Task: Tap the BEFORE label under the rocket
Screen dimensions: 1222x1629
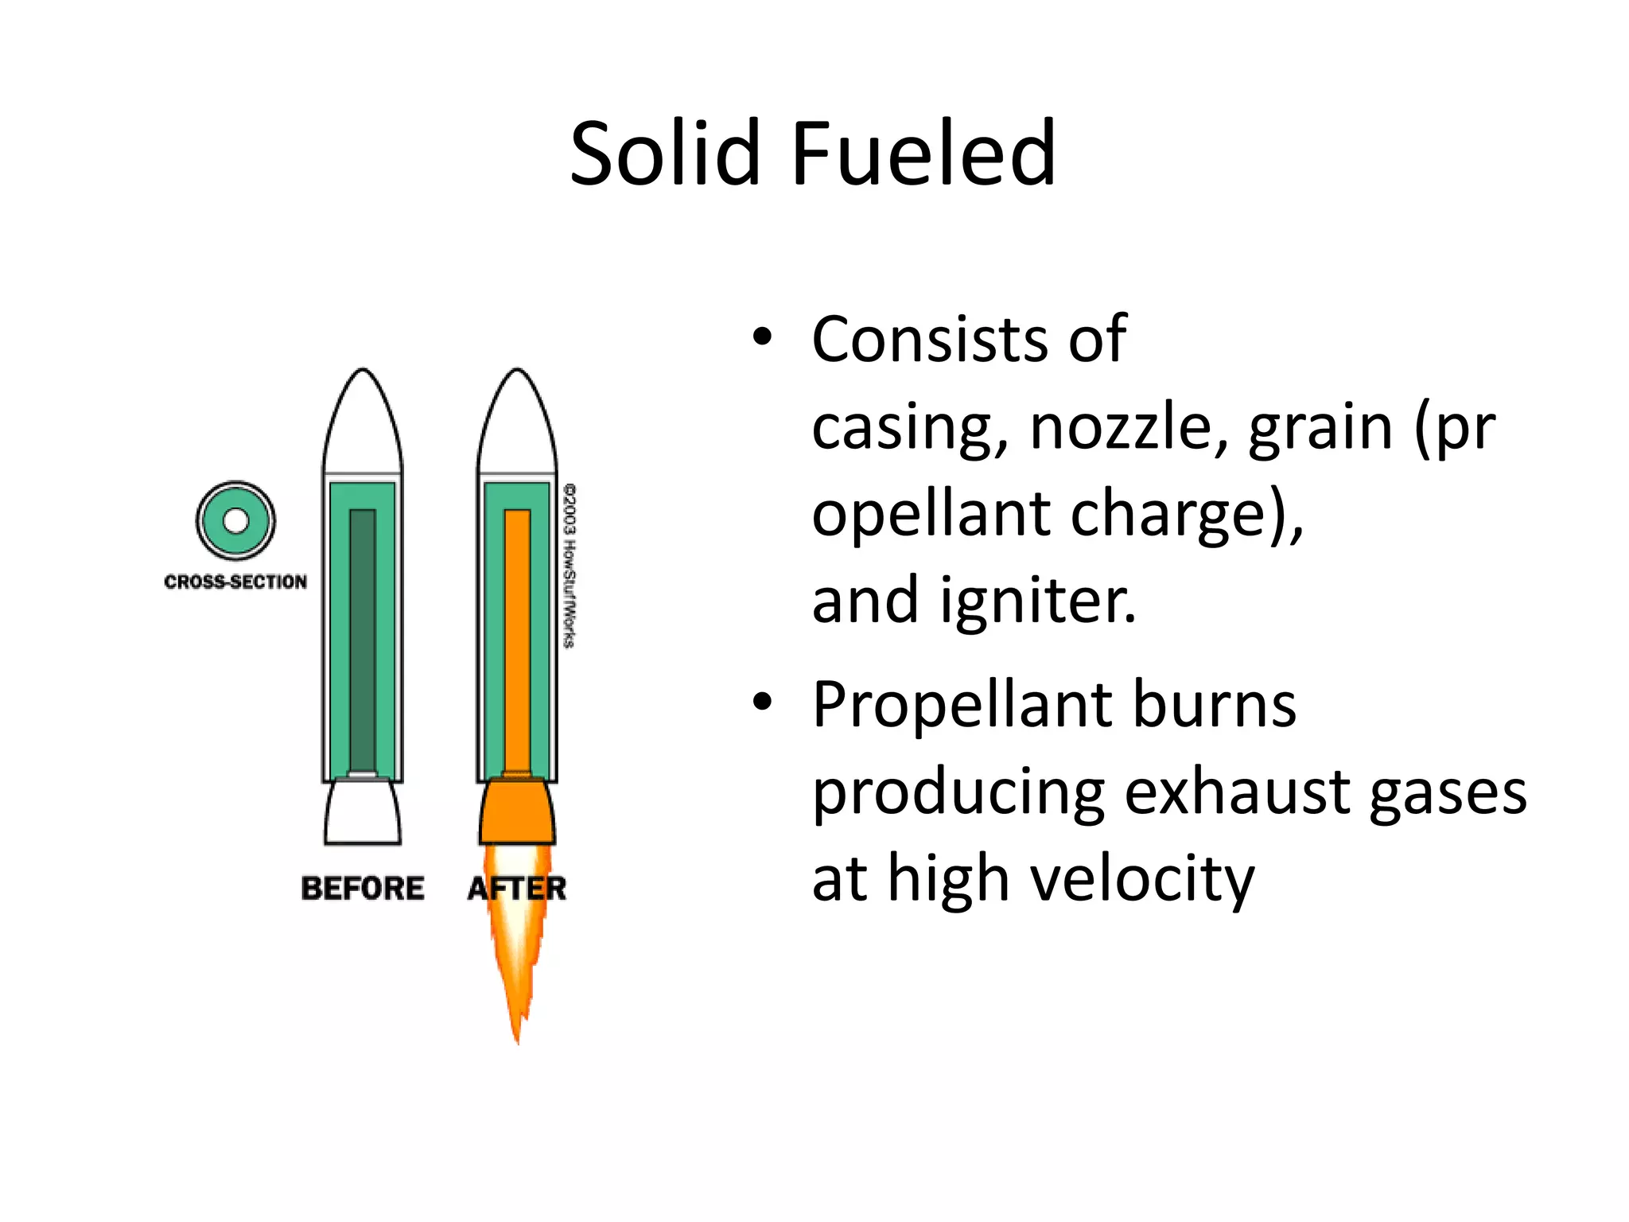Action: [363, 888]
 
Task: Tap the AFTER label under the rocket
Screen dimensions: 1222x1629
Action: [517, 888]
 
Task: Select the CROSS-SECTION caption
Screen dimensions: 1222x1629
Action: [235, 582]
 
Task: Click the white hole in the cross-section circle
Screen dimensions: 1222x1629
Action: [235, 521]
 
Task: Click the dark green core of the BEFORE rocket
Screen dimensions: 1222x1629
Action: [363, 636]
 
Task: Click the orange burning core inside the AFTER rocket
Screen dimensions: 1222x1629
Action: [517, 636]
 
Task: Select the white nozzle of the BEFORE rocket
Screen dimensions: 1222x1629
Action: [363, 813]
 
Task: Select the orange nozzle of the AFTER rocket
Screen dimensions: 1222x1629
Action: [517, 813]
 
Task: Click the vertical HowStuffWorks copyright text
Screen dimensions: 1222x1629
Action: [570, 565]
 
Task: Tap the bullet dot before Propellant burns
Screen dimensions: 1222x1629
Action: [762, 702]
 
